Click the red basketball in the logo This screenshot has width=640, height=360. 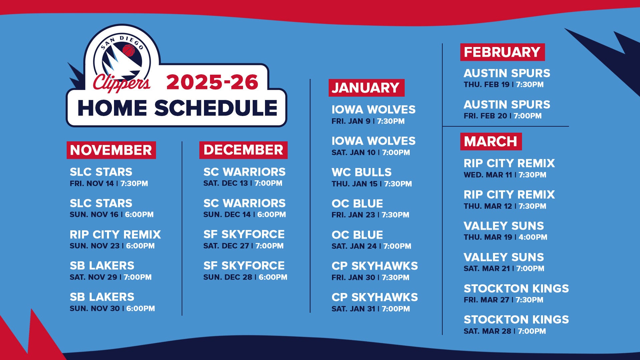129,51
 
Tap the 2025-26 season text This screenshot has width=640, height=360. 212,82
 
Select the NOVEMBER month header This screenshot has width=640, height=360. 111,150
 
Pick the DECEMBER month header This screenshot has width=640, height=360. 243,150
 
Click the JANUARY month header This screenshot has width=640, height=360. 366,88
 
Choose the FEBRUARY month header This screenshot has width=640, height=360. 502,52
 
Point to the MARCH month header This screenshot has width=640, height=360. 491,141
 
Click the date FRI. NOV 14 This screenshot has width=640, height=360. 92,184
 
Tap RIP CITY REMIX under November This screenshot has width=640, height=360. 115,235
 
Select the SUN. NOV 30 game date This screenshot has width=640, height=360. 95,309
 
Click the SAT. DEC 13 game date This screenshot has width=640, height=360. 226,183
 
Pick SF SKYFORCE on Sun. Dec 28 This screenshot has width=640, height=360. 244,266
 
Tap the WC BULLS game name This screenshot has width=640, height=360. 362,172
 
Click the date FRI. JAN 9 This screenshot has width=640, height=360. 351,121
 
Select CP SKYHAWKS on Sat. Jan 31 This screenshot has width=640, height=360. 375,297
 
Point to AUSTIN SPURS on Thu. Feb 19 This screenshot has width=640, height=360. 507,73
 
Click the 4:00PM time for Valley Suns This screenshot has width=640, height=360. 533,237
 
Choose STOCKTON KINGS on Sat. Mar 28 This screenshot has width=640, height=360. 516,320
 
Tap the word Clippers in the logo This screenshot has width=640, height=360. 121,83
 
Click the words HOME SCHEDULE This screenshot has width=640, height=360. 177,108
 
